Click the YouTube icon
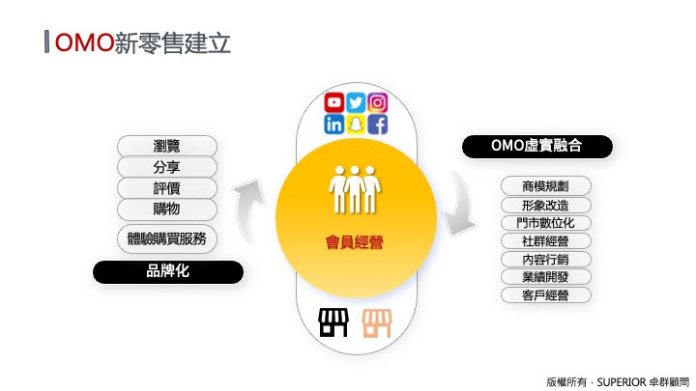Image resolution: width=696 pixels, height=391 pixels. point(333,102)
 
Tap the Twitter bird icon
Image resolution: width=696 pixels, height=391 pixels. point(356,102)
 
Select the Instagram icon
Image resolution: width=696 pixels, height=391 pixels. point(377,102)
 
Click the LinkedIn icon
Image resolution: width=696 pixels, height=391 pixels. point(333,125)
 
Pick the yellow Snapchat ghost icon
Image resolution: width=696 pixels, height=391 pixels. point(356,125)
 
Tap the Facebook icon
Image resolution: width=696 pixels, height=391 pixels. point(377,125)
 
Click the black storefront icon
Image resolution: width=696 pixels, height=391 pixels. point(333,322)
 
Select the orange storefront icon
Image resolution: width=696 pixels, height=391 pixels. point(377,323)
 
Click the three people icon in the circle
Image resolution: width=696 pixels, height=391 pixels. point(354,189)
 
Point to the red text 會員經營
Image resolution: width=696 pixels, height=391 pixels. point(354,242)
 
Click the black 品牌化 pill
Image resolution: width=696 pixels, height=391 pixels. point(168,271)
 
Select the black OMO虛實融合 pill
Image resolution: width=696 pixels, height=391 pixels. point(537,147)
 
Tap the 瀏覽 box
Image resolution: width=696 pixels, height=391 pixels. point(167,146)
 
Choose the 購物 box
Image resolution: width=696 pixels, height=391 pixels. point(167,209)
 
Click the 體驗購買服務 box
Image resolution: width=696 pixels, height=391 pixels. point(167,239)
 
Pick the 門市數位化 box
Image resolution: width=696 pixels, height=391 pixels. point(545,223)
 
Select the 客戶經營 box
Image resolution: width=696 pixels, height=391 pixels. point(545,294)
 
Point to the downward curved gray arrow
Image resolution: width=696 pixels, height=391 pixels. point(462,205)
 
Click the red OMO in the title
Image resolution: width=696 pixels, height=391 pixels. point(84,43)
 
